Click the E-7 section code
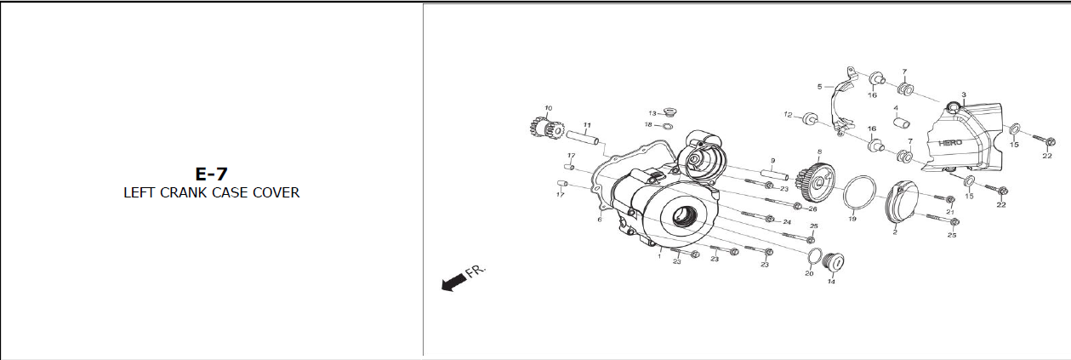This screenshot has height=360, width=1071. [x=211, y=174]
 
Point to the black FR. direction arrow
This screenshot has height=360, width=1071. [x=454, y=282]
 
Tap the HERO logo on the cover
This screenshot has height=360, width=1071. [x=950, y=142]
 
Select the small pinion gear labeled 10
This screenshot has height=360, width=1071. [x=547, y=127]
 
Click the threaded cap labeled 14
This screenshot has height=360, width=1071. [x=834, y=263]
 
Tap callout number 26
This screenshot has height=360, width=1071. [x=812, y=209]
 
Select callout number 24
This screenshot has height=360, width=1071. [x=787, y=222]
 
